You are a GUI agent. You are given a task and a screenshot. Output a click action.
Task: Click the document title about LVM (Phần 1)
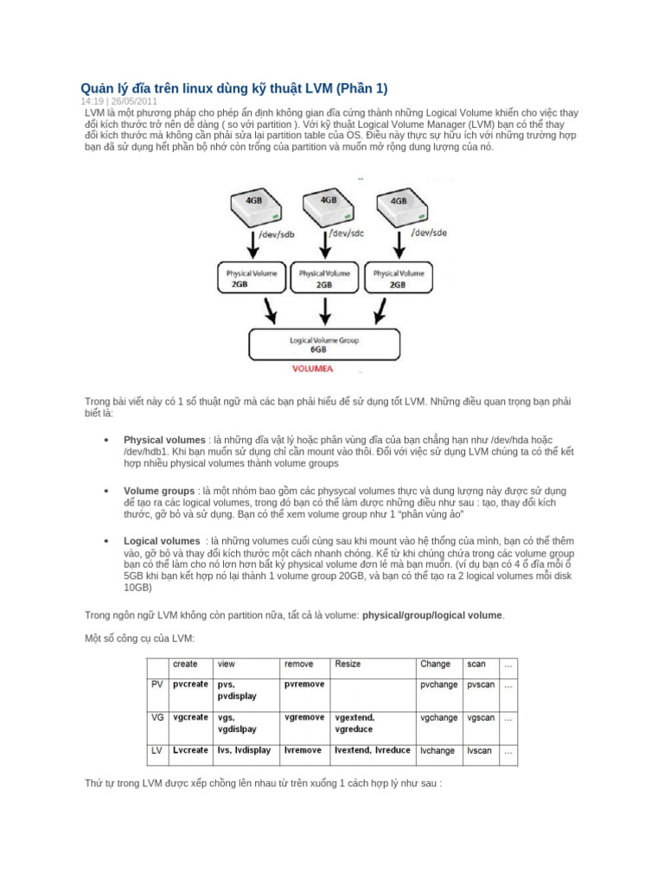coord(234,90)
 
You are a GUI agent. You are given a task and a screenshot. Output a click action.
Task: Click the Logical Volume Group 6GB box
coord(325,344)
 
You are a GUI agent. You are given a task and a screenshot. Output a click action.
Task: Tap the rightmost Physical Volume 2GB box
coord(398,277)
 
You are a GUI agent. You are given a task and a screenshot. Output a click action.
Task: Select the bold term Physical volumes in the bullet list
coord(164,440)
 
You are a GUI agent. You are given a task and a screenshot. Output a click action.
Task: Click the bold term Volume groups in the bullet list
coord(158,490)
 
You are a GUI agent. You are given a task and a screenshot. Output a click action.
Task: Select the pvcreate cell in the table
coord(190,684)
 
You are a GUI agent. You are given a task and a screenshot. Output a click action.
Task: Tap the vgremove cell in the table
coord(304,717)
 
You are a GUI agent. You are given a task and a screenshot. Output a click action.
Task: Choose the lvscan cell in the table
coord(481,751)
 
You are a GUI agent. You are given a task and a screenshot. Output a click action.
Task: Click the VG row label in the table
coord(157,717)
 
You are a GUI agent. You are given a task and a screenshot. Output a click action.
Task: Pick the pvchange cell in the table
coord(437,684)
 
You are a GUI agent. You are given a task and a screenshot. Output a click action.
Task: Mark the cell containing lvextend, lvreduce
coord(373,750)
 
